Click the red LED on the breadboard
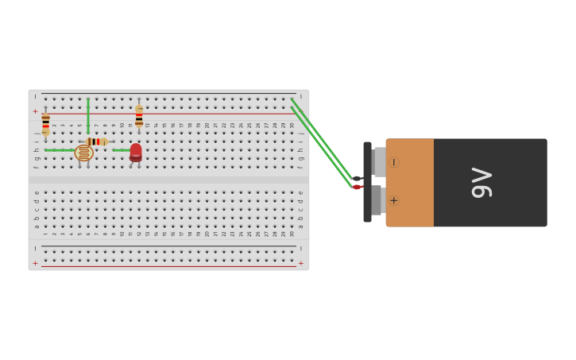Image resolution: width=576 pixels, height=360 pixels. tap(136, 151)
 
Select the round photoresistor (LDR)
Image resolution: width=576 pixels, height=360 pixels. tap(83, 153)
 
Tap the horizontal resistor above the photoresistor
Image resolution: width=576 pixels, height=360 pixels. tap(97, 141)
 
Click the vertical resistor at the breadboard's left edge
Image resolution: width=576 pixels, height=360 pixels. tap(45, 123)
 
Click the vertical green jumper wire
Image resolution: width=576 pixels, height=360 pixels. tap(88, 116)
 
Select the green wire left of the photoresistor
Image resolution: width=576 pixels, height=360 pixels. tap(57, 149)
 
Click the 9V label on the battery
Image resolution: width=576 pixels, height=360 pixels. tap(481, 183)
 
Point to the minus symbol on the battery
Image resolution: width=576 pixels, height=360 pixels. tap(393, 162)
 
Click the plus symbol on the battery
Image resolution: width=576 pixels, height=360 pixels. tap(393, 200)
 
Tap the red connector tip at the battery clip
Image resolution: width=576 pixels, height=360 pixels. tap(357, 188)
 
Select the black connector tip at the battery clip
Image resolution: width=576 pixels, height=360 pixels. tap(357, 179)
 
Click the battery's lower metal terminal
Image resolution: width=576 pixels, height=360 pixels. tap(378, 200)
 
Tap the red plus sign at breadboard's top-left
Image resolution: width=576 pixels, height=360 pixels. tap(35, 112)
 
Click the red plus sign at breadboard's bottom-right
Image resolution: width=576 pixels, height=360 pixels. tap(300, 263)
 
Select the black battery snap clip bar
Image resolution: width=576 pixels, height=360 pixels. tap(367, 182)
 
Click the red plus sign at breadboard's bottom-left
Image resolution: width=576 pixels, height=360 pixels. tap(35, 263)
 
